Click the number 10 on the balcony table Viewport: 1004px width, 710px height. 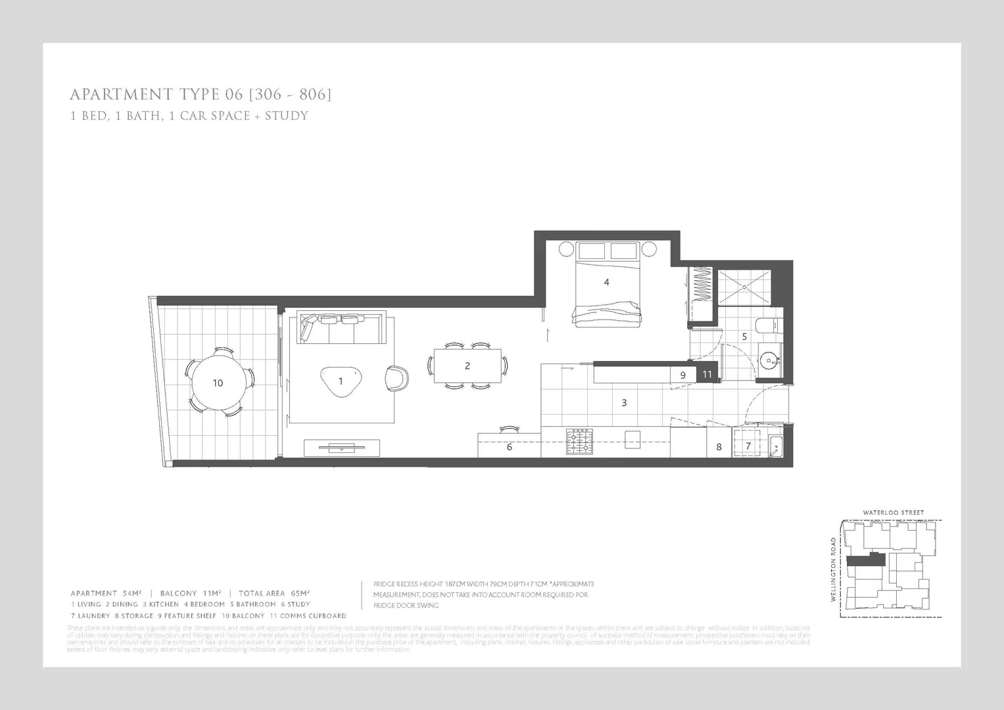coord(218,383)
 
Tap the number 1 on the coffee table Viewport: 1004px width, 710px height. coord(341,381)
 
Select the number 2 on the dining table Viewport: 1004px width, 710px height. coord(467,366)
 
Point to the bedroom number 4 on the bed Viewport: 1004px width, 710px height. coord(606,282)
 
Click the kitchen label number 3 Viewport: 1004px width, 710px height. coord(624,402)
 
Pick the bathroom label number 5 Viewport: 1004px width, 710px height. coord(744,336)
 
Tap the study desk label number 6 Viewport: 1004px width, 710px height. coord(510,447)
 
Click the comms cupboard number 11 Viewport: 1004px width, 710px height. coord(707,375)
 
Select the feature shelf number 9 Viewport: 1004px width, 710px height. coord(683,375)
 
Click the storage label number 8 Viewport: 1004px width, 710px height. coord(719,447)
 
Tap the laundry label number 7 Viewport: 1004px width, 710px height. coord(748,446)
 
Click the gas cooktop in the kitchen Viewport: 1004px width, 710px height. coord(579,442)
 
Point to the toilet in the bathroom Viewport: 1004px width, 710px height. coord(767,325)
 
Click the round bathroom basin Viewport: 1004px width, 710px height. coord(768,360)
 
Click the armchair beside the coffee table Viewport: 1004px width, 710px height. coord(396,378)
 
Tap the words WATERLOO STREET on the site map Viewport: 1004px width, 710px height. coord(893,513)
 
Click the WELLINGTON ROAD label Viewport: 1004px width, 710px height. coord(833,569)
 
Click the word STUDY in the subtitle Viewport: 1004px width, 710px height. coord(286,116)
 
